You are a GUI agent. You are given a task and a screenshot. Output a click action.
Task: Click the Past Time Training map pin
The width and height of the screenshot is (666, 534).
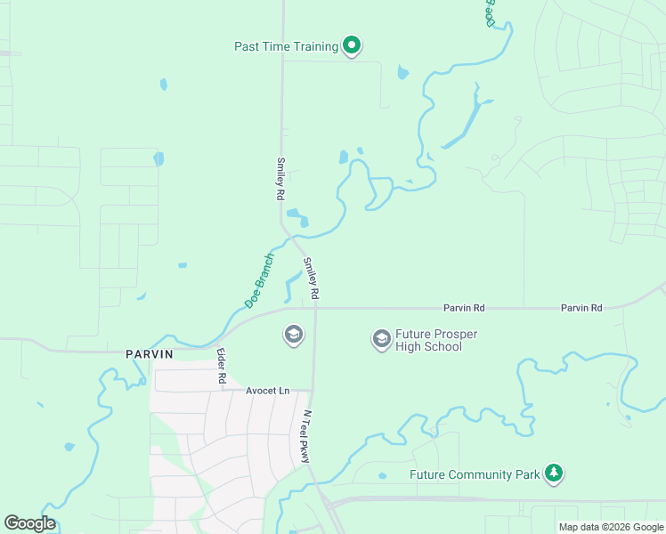tap(352, 45)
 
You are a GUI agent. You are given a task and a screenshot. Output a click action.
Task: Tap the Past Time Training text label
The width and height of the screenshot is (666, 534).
tap(286, 46)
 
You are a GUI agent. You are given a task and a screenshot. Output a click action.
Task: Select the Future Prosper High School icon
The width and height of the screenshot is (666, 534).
tap(381, 338)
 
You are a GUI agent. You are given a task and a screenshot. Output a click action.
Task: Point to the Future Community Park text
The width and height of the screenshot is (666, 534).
tap(475, 474)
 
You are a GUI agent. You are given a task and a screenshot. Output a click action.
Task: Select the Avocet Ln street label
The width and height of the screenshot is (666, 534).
tap(268, 391)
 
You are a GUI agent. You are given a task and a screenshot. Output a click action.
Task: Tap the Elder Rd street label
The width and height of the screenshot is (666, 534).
tap(222, 366)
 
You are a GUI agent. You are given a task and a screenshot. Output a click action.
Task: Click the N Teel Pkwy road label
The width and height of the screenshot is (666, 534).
tap(306, 436)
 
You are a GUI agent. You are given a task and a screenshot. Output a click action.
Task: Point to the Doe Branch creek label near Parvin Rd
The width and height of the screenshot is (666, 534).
tap(258, 287)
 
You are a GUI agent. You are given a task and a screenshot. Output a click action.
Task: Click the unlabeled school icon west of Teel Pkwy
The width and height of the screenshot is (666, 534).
tap(292, 335)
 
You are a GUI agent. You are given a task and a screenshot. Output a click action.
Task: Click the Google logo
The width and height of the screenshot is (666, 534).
tap(30, 523)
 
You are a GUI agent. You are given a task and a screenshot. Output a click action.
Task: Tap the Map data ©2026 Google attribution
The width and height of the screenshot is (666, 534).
tap(611, 527)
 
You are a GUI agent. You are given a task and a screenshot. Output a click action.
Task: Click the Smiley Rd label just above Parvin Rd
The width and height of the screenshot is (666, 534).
tap(312, 278)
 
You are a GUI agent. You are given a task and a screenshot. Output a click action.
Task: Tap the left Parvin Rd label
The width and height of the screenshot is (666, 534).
tap(465, 308)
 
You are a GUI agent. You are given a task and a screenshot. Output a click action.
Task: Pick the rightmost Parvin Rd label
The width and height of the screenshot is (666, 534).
tap(581, 308)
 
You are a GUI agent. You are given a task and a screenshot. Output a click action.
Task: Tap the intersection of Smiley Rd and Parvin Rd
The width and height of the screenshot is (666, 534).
tap(316, 308)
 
